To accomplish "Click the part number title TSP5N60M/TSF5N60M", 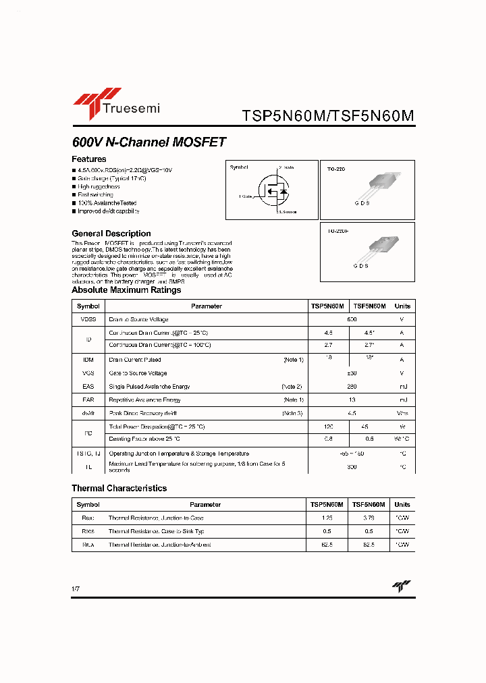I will [x=327, y=116].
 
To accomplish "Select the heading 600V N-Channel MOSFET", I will [x=148, y=142].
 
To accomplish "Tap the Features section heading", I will [x=88, y=159].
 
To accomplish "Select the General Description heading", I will [x=111, y=234].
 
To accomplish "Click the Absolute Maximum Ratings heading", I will [x=126, y=290].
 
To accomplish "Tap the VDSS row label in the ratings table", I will [x=88, y=319].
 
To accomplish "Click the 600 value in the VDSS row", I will [x=352, y=319].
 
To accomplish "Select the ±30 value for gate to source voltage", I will [x=352, y=373].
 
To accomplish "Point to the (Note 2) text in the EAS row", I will [x=292, y=387].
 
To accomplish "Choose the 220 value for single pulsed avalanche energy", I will [x=352, y=387].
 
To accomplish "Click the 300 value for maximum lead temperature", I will [x=352, y=467].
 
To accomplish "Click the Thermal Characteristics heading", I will [x=119, y=488].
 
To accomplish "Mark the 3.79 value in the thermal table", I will [x=369, y=518].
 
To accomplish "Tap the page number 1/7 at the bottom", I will [x=75, y=590].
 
